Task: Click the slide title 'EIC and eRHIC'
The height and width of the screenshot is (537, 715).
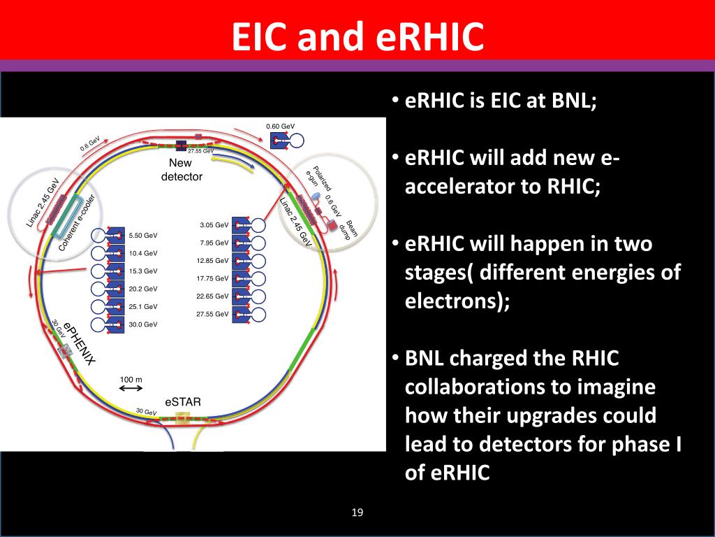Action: point(357,36)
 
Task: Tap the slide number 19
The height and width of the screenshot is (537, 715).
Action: point(357,513)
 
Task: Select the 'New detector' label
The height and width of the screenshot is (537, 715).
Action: point(181,170)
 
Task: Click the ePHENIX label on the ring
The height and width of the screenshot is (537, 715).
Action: point(79,343)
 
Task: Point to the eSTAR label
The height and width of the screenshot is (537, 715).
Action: point(183,402)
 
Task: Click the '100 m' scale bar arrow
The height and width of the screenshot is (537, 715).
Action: point(131,390)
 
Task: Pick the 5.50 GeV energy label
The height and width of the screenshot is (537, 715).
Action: point(143,235)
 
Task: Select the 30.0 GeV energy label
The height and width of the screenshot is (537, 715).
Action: point(143,324)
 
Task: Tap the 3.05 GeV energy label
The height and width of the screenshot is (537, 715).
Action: point(214,225)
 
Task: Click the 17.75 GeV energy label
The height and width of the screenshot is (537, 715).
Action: point(212,278)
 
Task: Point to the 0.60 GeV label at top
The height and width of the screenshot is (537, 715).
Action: point(281,126)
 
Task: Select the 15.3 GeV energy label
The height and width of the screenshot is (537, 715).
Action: point(143,271)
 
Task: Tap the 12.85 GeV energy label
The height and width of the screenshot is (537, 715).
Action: point(212,261)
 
